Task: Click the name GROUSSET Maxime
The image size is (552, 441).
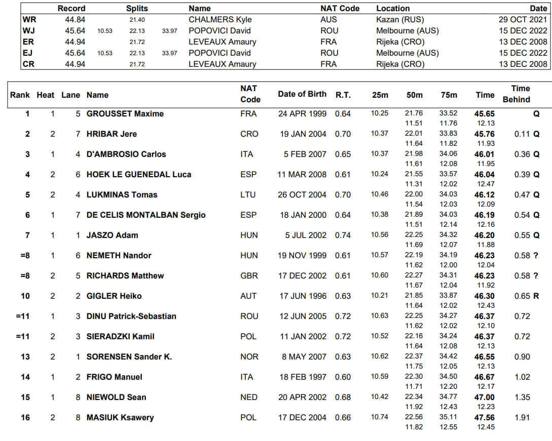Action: pos(125,114)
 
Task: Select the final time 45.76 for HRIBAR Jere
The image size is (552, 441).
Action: pos(485,134)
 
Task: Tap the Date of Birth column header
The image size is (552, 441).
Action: pos(302,94)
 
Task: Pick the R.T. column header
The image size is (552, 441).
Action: pos(343,95)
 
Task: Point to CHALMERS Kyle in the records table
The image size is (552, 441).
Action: pos(220,19)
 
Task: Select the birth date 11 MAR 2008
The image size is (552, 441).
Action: pos(303,175)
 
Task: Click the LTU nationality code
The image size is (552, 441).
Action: pos(248,195)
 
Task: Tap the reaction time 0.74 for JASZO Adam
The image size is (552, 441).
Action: pos(343,235)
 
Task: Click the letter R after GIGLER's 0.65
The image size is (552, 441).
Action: pos(536,296)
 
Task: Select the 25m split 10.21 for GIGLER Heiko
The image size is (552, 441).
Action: pos(380,296)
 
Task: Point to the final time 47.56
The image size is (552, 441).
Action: pos(485,418)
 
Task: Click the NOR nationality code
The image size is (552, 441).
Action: pos(249,357)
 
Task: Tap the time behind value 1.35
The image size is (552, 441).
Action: pos(522,397)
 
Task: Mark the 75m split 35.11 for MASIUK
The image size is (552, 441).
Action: pos(449,417)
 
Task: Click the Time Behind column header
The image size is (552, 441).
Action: pos(516,94)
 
